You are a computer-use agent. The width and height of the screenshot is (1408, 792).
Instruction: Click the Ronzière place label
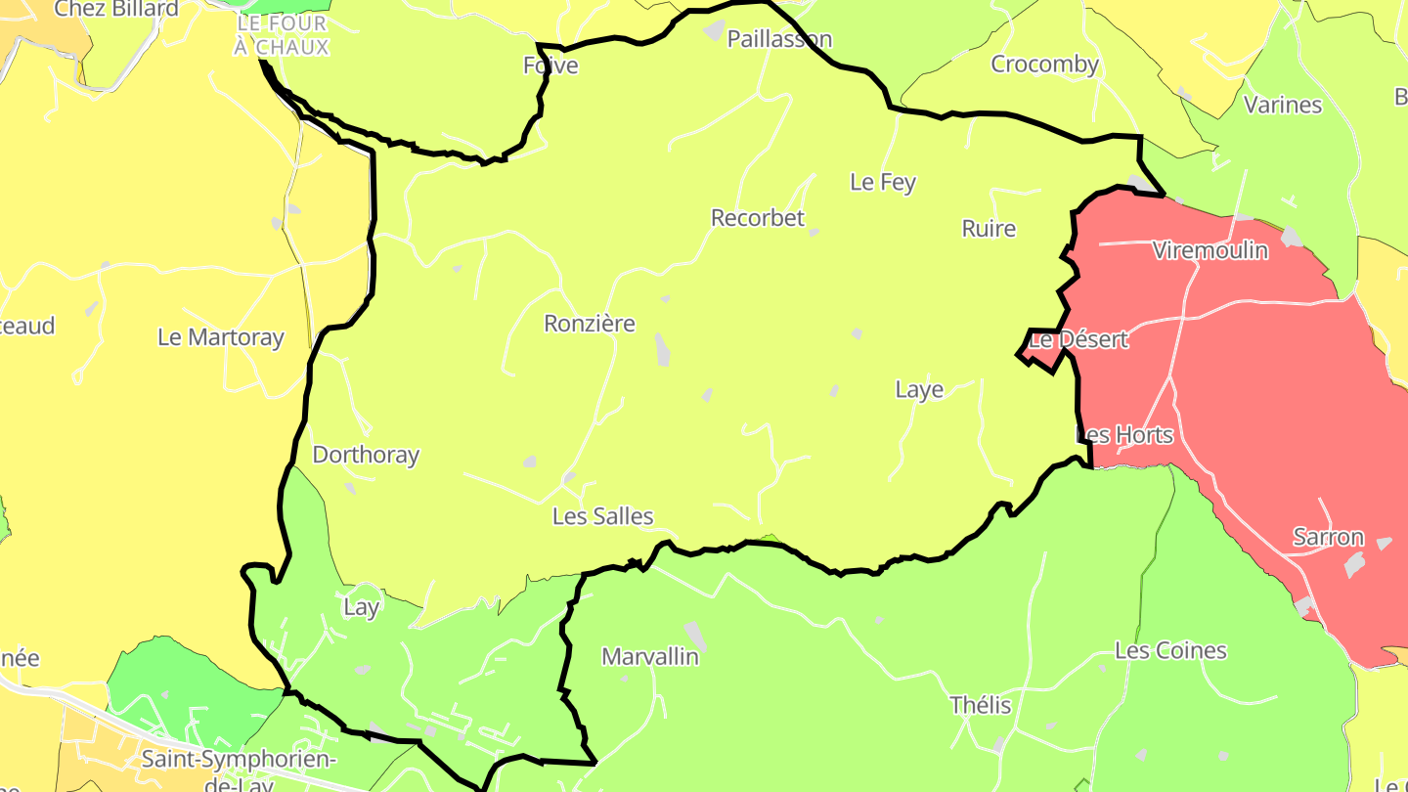pyautogui.click(x=590, y=324)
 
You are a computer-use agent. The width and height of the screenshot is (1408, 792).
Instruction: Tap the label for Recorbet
pyautogui.click(x=758, y=218)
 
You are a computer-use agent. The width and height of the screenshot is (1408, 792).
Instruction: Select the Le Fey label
pyautogui.click(x=883, y=182)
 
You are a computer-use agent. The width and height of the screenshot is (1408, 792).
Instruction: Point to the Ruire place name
pyautogui.click(x=989, y=229)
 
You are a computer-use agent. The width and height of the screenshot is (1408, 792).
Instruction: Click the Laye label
pyautogui.click(x=919, y=390)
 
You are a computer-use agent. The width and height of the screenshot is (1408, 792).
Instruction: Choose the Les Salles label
pyautogui.click(x=602, y=516)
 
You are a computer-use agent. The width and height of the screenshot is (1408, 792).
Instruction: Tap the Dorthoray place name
pyautogui.click(x=366, y=455)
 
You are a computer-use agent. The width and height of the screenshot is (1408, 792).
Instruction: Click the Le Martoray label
pyautogui.click(x=221, y=338)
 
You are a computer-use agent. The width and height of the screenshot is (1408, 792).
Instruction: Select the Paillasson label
pyautogui.click(x=779, y=39)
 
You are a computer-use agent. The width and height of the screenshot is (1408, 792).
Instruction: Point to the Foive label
pyautogui.click(x=550, y=66)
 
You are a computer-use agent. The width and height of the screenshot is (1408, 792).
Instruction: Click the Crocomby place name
pyautogui.click(x=1045, y=65)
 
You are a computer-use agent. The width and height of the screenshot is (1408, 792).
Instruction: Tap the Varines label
pyautogui.click(x=1283, y=105)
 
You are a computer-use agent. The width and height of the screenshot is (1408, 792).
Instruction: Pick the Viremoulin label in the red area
pyautogui.click(x=1210, y=251)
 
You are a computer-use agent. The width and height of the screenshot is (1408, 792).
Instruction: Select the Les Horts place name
pyautogui.click(x=1124, y=434)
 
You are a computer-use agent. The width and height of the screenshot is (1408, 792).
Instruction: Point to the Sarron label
pyautogui.click(x=1328, y=537)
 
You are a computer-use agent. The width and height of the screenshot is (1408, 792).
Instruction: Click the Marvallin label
pyautogui.click(x=650, y=657)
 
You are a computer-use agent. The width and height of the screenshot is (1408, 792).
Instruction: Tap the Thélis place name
pyautogui.click(x=981, y=706)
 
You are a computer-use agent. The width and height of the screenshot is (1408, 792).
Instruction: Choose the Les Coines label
pyautogui.click(x=1170, y=651)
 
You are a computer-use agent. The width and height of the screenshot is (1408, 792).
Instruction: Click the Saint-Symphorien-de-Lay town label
pyautogui.click(x=240, y=769)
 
